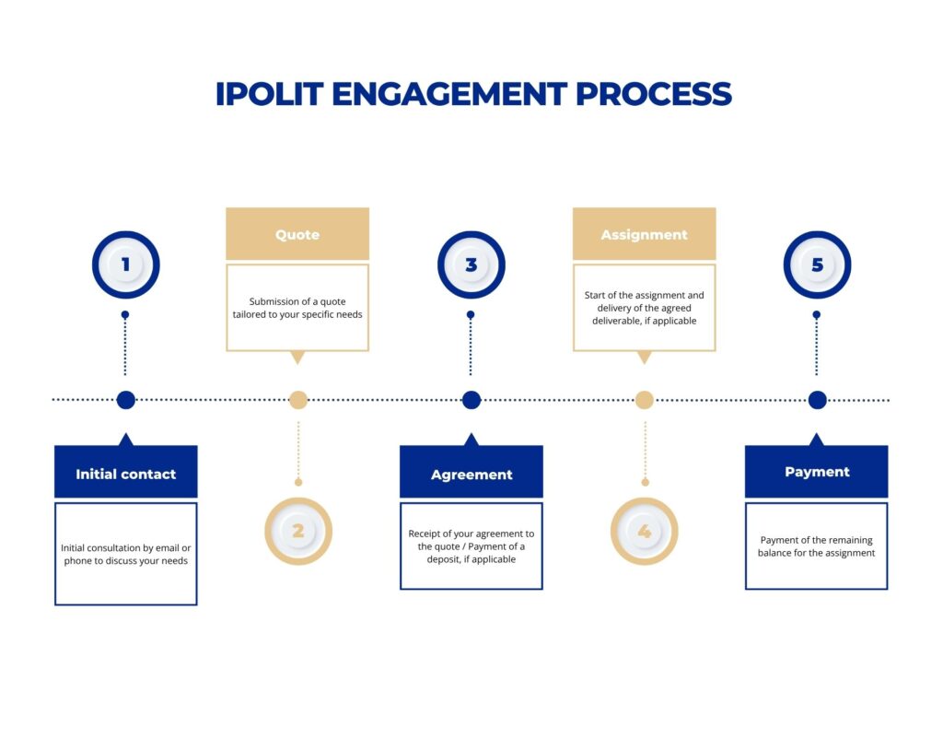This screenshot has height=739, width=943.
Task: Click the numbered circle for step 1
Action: coord(126,265)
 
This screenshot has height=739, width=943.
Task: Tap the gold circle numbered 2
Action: coord(297,531)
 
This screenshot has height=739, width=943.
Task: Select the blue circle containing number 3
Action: coord(471,265)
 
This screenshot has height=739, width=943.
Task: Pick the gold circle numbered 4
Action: coord(644,531)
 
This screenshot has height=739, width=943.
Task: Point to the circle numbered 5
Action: coord(817,265)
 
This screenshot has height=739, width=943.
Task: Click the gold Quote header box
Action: coord(297,234)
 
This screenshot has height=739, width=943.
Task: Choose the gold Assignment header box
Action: coord(644,234)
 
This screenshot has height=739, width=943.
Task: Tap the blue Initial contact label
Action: coord(126,474)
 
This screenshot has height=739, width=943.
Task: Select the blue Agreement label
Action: coord(471,474)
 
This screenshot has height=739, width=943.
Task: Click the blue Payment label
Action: coord(817,472)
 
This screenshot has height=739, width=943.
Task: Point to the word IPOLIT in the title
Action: coord(269,94)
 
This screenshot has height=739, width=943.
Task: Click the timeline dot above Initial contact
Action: coord(126,400)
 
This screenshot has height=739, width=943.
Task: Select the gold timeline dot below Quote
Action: coord(297,400)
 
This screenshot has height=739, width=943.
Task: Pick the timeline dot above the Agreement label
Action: coord(471,400)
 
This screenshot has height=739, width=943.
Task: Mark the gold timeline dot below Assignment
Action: coord(644,400)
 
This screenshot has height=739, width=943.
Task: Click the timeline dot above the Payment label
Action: coord(817,400)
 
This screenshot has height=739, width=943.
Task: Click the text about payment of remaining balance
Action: coord(816,546)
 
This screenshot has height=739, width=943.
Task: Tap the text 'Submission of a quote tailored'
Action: coord(297,308)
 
